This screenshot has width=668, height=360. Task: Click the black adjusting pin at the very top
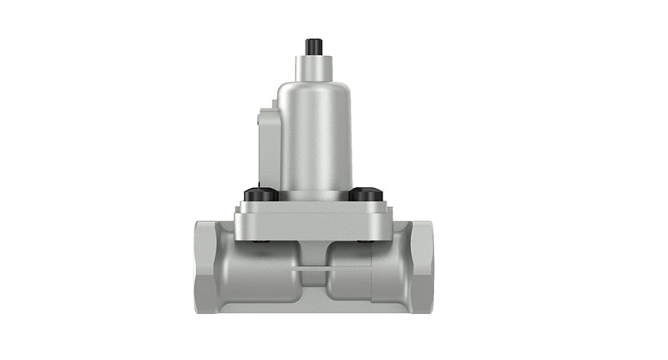click(314, 45)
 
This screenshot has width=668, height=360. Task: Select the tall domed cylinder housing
click(314, 134)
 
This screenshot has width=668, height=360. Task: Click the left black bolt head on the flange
click(260, 195)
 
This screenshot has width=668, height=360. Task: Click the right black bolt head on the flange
click(365, 195)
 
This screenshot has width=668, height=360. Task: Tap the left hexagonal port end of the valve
click(206, 266)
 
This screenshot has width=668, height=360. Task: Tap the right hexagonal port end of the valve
click(421, 266)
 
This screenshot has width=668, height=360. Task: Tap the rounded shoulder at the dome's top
click(314, 85)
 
